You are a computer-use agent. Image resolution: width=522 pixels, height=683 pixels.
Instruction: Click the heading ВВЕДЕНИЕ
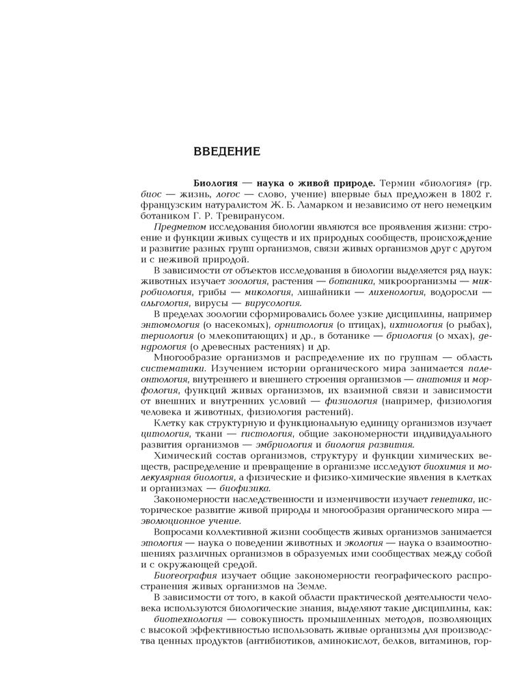(226, 151)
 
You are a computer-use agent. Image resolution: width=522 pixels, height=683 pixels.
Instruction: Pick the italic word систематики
(171, 369)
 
